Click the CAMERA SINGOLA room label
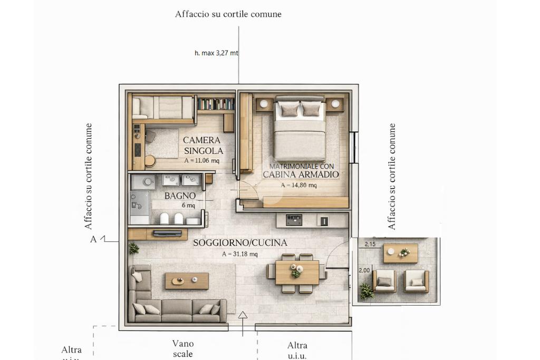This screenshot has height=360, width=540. click(203, 145)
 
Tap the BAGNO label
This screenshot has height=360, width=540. click(180, 196)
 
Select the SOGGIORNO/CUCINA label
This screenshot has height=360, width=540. click(240, 242)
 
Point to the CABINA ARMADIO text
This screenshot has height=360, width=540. click(301, 174)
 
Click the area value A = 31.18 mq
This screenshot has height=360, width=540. click(240, 254)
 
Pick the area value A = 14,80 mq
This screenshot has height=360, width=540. click(298, 185)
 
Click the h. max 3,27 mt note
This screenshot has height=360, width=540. click(216, 53)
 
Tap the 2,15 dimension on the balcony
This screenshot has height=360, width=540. click(370, 244)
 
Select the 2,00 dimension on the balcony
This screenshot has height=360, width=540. click(364, 270)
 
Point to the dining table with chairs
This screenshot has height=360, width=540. click(297, 273)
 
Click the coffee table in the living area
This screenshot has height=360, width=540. click(187, 281)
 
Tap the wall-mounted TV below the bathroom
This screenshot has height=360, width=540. click(167, 233)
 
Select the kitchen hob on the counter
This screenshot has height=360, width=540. click(294, 220)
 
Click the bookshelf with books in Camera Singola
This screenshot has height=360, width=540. click(216, 104)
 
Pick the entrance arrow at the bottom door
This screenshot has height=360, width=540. click(243, 324)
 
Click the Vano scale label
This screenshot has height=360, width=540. click(183, 348)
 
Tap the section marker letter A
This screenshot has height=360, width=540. click(93, 239)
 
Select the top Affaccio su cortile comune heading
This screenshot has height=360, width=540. click(228, 14)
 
